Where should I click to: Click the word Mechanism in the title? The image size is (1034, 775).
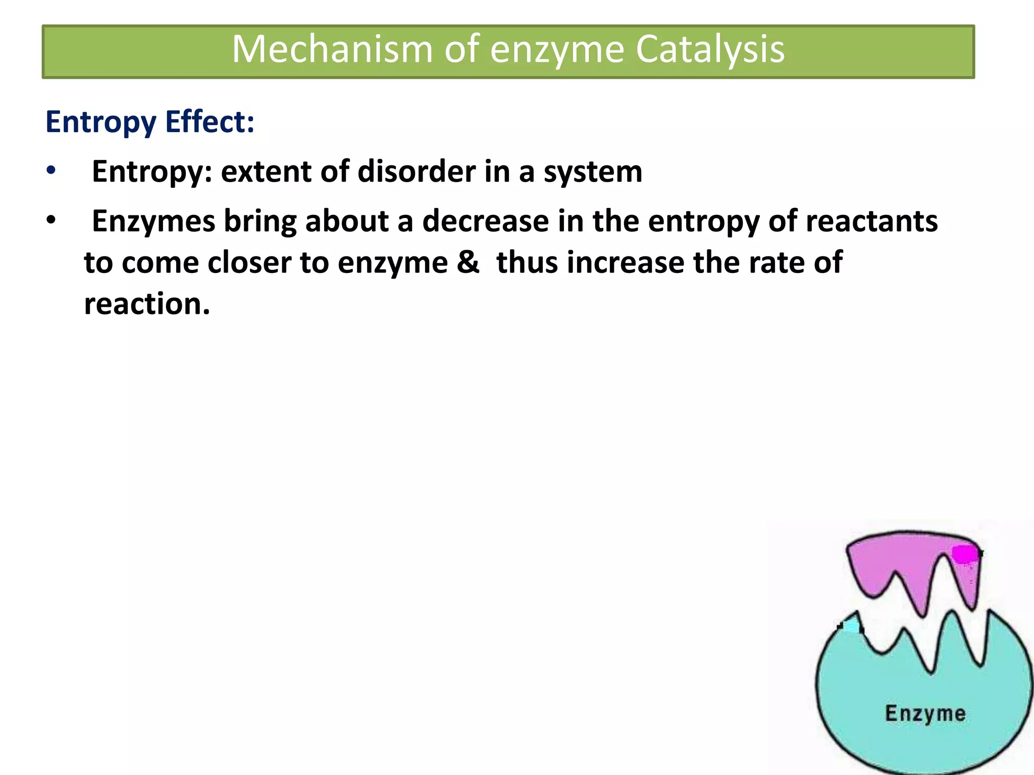coord(332,49)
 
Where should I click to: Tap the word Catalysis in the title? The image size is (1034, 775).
coord(710,49)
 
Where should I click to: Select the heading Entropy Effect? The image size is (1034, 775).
coord(150,122)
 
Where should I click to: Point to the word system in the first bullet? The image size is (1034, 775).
coord(593,172)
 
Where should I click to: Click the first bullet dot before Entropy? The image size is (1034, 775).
coord(50,171)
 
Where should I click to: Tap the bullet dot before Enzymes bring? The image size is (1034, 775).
coord(50,220)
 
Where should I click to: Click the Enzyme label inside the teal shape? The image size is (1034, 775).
coord(925,713)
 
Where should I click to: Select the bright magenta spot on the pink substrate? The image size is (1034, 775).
coord(964,554)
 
